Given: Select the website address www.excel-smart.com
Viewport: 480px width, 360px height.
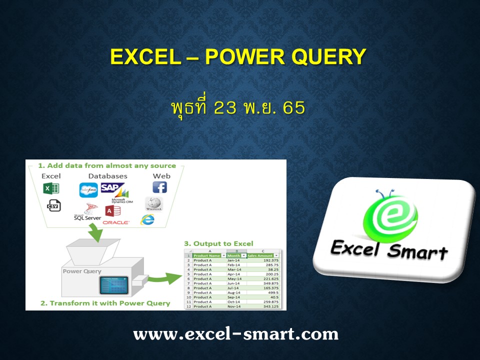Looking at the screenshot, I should click(236, 333).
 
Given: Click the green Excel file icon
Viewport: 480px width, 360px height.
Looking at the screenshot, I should click(51, 188).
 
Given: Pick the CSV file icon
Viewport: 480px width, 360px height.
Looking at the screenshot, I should click(53, 205).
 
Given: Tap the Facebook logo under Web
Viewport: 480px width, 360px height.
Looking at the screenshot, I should click(159, 187).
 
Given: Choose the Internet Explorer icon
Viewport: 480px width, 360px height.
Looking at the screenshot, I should click(147, 219).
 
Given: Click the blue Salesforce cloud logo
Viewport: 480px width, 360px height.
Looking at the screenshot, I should click(88, 190).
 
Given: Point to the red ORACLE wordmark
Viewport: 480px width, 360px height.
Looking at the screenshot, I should click(116, 222).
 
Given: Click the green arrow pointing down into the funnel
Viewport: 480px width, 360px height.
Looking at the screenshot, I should click(96, 230).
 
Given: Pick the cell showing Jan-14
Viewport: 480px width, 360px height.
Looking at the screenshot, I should click(233, 260).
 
